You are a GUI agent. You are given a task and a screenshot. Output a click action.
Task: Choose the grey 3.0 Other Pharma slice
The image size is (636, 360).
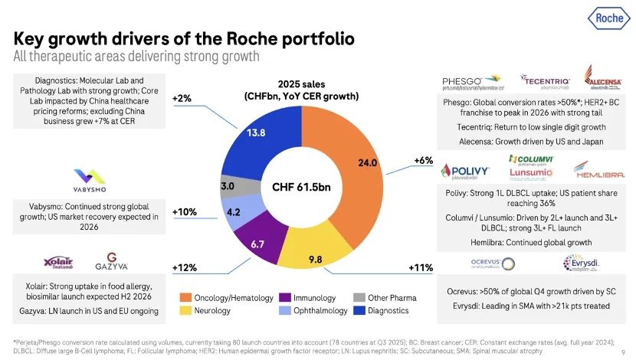point(228,186)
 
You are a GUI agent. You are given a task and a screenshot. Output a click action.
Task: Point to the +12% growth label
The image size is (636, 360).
point(185,267)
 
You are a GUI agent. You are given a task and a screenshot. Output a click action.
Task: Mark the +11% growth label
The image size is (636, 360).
point(421,267)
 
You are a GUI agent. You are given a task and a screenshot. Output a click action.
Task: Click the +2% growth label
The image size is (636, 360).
point(182,98)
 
